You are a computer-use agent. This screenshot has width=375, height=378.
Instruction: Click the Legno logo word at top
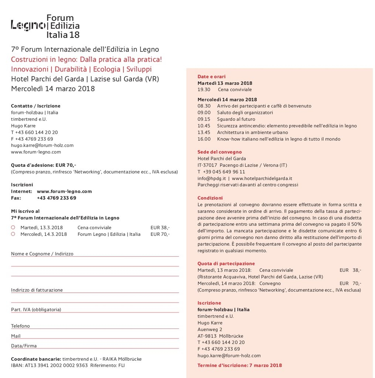28,25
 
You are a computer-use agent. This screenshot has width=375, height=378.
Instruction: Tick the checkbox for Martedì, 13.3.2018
13,227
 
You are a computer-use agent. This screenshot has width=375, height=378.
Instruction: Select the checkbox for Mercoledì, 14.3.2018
13,234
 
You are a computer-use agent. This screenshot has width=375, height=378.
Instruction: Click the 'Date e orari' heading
211,77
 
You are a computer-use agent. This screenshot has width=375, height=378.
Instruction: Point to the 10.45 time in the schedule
204,126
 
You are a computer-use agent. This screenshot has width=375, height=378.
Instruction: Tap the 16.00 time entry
204,139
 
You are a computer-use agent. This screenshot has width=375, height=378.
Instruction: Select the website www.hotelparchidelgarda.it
262,178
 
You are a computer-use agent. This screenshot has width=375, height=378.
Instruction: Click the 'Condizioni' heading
210,198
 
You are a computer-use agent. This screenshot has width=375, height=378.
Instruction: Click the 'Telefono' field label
20,326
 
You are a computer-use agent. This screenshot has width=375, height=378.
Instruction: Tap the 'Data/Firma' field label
24,346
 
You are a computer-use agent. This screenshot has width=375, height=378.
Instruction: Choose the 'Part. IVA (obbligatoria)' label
36,310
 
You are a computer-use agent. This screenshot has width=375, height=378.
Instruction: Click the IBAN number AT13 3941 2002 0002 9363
56,365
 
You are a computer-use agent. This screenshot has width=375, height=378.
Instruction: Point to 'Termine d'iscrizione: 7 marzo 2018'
239,365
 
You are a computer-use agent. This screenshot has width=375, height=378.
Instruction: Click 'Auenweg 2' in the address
210,329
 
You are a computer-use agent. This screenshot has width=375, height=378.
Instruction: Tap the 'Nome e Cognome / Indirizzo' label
42,254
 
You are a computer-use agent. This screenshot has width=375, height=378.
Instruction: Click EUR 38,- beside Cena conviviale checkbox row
160,228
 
